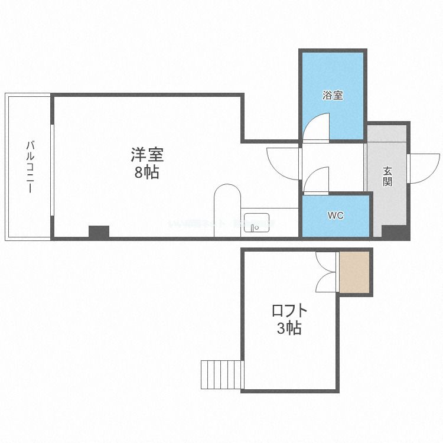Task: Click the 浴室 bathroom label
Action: pyautogui.click(x=333, y=95)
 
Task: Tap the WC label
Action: pyautogui.click(x=335, y=216)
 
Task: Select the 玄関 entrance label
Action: pyautogui.click(x=387, y=176)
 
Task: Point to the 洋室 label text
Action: pyautogui.click(x=147, y=156)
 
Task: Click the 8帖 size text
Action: pyautogui.click(x=147, y=174)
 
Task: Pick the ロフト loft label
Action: pyautogui.click(x=289, y=311)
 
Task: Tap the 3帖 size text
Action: pyautogui.click(x=289, y=328)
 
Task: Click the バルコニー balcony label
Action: pyautogui.click(x=30, y=167)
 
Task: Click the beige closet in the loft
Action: pyautogui.click(x=354, y=272)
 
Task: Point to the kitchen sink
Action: pyautogui.click(x=256, y=223)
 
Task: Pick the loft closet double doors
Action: pyautogui.click(x=326, y=272)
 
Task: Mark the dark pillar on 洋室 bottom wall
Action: pyautogui.click(x=99, y=232)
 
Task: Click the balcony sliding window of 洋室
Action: pyautogui.click(x=52, y=167)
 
